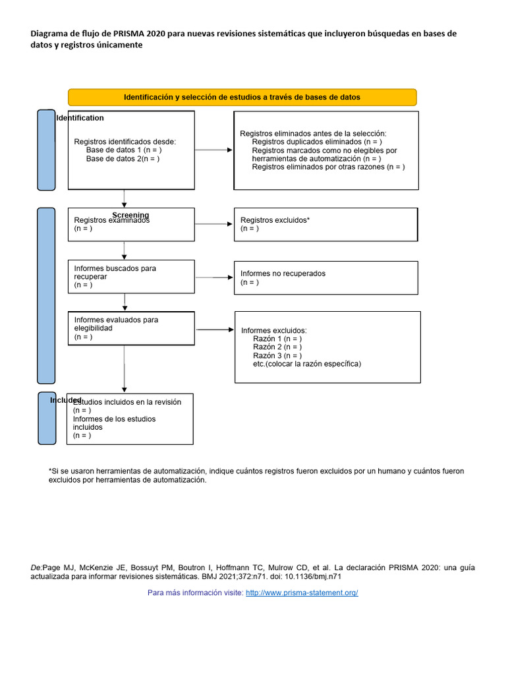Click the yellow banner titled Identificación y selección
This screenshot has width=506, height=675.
tap(242, 97)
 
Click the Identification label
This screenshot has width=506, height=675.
tap(80, 118)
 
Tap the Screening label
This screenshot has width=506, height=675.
tap(130, 216)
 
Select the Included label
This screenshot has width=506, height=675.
tap(66, 400)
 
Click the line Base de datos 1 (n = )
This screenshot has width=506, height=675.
tap(123, 150)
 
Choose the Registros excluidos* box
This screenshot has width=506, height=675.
tap(325, 225)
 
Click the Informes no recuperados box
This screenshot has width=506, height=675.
tap(325, 278)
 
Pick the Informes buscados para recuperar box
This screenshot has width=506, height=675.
tap(132, 277)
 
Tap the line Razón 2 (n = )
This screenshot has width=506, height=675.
tap(277, 347)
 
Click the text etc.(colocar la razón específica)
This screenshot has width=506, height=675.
tap(307, 364)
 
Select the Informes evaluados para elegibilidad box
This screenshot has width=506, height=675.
tap(132, 328)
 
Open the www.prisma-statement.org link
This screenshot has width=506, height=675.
tap(302, 593)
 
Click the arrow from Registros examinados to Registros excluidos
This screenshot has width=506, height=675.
tap(214, 225)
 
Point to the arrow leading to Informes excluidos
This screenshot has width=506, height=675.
tap(214, 329)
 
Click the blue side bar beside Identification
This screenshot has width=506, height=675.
tap(46, 150)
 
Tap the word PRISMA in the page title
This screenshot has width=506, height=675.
tap(117, 34)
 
